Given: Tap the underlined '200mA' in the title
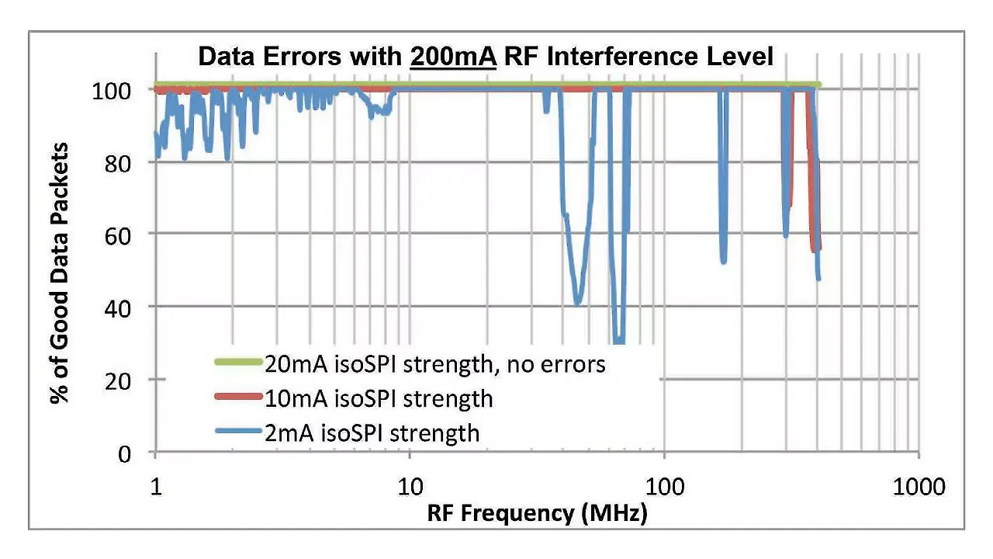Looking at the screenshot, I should (453, 57).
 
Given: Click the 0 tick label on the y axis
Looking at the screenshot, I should (136, 453).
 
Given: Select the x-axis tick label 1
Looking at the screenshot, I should (156, 487).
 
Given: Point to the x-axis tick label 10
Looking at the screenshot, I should (410, 487).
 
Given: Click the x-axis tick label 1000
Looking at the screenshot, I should (919, 487).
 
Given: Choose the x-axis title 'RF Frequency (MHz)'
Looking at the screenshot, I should (537, 513).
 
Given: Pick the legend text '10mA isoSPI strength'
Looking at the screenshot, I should (379, 398).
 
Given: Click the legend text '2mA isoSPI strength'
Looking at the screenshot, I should (372, 432).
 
